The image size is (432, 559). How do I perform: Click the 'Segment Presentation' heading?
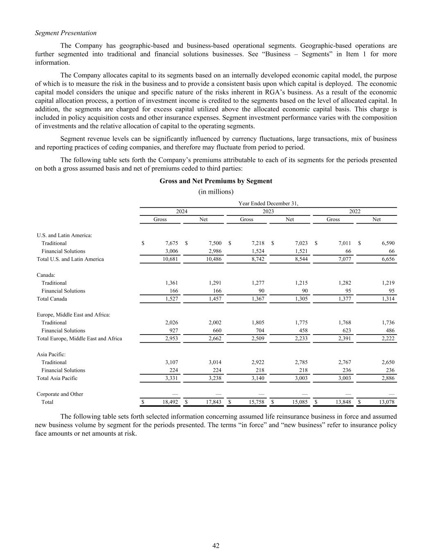point(66,33)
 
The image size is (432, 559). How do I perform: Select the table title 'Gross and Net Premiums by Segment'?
point(216,181)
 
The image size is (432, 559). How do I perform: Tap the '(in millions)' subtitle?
point(216,192)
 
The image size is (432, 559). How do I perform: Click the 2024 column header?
point(182,211)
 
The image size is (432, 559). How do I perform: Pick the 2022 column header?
point(355,211)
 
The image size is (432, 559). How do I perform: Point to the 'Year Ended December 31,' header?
point(268,204)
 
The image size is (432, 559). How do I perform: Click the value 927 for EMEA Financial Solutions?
point(174,330)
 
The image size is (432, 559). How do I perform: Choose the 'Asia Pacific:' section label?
point(51,354)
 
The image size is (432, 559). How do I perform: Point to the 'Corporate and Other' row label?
point(60,394)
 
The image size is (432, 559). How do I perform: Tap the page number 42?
point(216,545)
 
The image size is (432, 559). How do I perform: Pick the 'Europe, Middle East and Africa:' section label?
point(73,315)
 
